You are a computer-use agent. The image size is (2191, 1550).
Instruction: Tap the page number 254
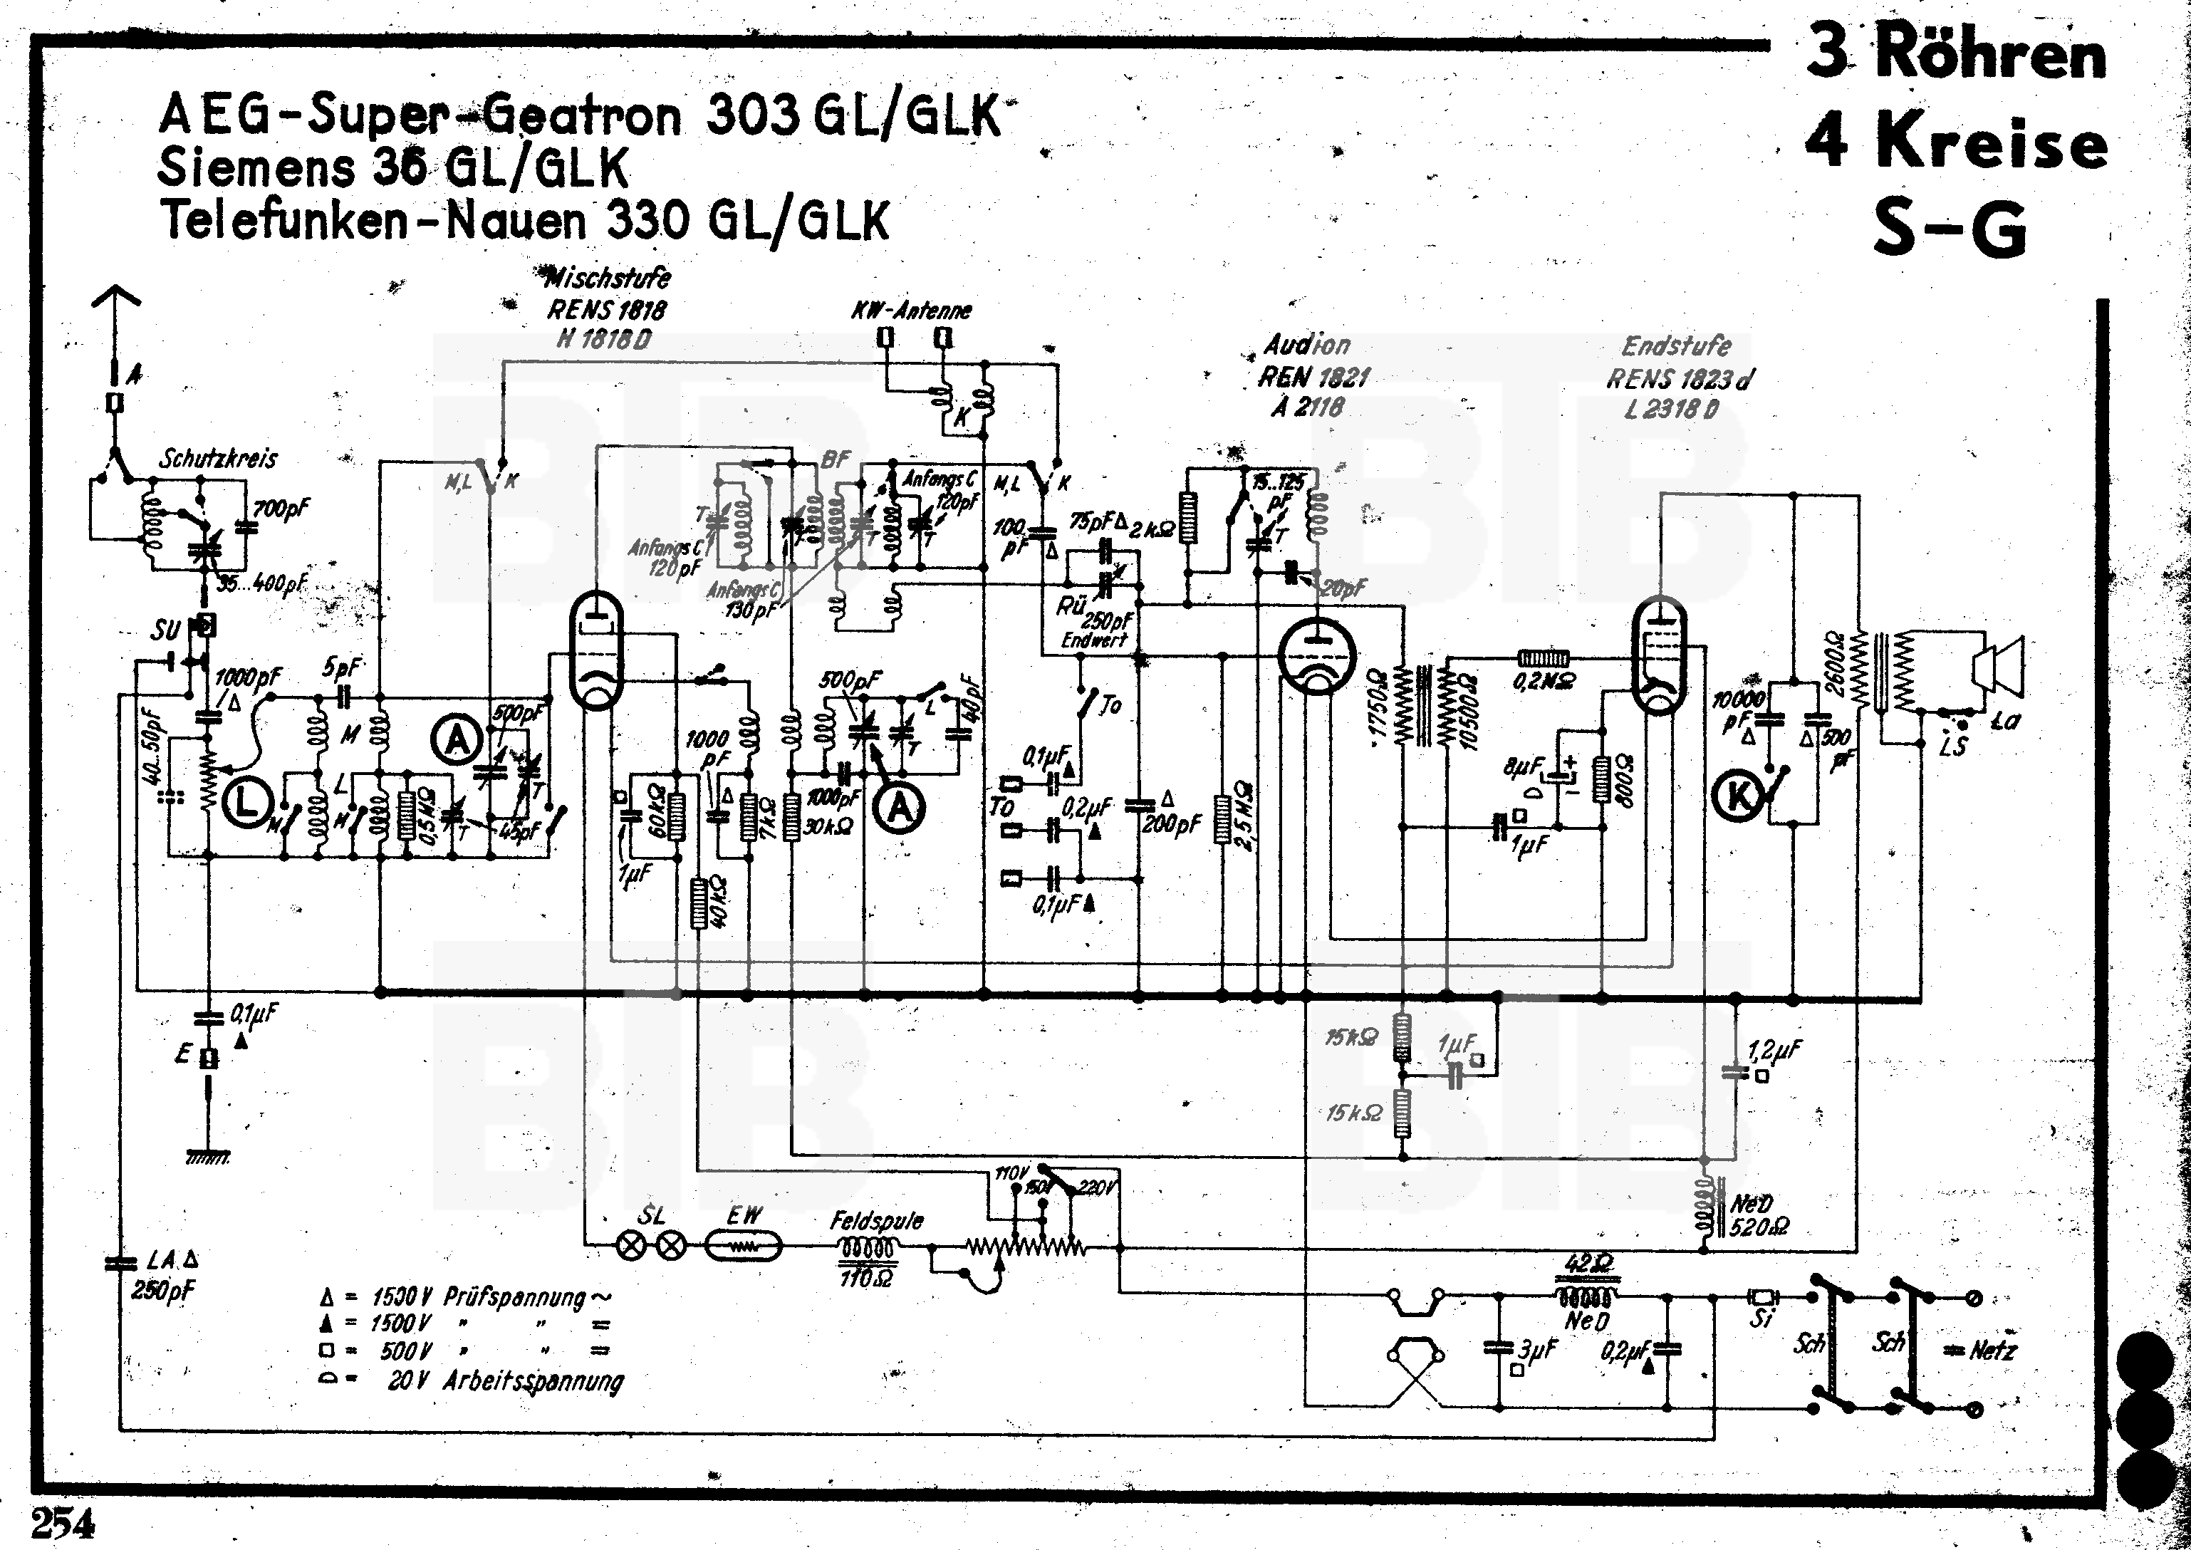point(64,1522)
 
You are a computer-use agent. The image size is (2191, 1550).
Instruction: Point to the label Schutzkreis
point(219,459)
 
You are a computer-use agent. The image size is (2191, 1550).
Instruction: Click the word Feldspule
point(876,1221)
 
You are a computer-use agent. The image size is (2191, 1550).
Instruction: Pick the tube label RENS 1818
point(606,309)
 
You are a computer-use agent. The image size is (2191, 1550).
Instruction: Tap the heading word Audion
point(1306,345)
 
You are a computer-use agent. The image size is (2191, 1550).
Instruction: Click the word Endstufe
point(1676,345)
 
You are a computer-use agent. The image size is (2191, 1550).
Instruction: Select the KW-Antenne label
point(911,310)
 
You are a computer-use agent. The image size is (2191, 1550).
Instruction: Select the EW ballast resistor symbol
point(744,1246)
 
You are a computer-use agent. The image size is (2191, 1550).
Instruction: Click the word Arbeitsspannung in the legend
point(533,1381)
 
